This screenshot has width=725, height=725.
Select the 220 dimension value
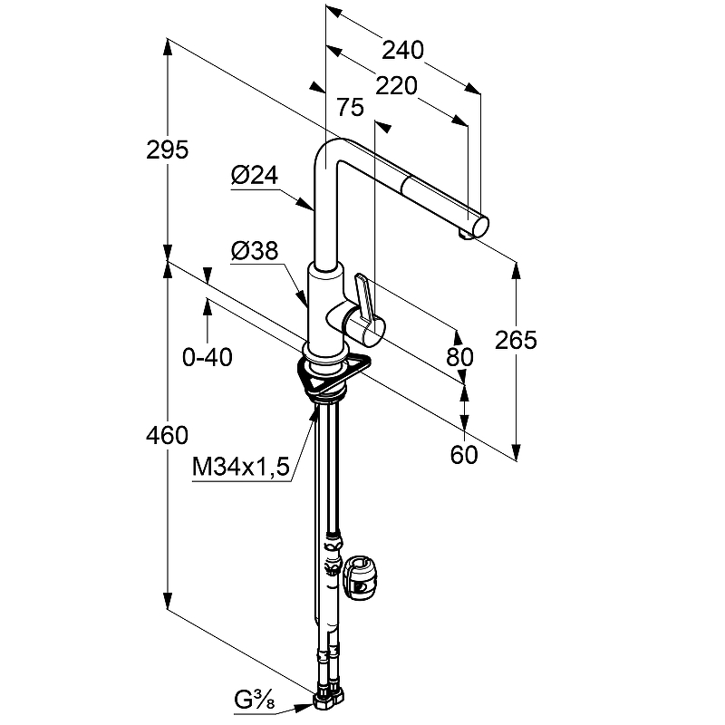point(396,86)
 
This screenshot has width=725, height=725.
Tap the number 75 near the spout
point(349,108)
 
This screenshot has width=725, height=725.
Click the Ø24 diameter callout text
point(254,177)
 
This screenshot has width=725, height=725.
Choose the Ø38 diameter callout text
point(254,251)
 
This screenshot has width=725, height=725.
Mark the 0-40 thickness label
point(208,358)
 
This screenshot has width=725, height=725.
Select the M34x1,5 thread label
point(240,467)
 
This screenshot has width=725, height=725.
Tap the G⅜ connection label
point(255,700)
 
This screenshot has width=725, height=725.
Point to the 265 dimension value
point(517,340)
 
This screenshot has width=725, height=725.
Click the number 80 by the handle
point(460,357)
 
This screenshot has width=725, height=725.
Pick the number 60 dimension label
point(463,455)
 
